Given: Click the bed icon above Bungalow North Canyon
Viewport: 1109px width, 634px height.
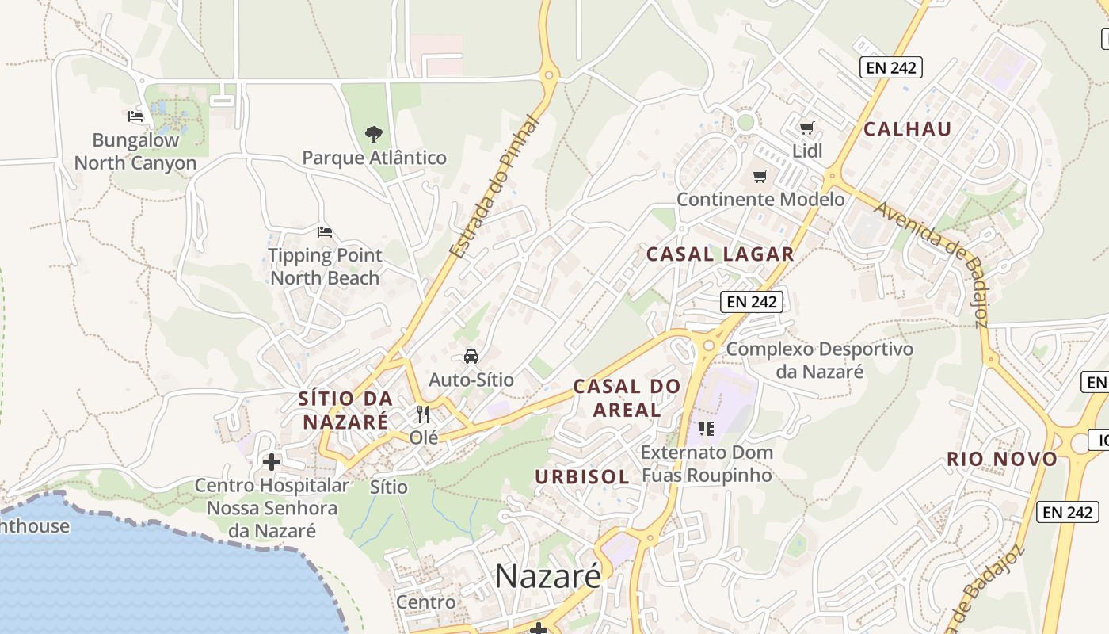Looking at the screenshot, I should (135, 116).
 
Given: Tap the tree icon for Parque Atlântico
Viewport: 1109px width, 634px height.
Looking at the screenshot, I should (374, 134).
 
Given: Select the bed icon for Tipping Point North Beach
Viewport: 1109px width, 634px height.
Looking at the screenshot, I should (324, 232).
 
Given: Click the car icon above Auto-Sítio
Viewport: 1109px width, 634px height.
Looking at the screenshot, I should (471, 357).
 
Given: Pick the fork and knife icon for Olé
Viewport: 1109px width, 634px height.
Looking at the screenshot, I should (423, 414).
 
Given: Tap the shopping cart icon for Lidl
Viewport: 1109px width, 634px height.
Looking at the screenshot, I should (806, 128).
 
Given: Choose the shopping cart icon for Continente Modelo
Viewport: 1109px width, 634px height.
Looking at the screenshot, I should (760, 176).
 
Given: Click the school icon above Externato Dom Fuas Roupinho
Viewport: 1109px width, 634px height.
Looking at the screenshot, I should (707, 429).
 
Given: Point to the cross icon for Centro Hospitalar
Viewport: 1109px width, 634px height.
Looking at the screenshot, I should (272, 461).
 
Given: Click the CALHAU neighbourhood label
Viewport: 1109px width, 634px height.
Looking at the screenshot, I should (907, 129).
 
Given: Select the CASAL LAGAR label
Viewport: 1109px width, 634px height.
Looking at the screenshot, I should (720, 254).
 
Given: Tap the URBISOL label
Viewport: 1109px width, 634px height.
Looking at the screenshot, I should (582, 477).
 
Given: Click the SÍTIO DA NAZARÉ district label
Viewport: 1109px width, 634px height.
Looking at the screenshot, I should (345, 410).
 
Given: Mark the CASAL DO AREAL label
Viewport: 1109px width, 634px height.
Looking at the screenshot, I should (627, 398).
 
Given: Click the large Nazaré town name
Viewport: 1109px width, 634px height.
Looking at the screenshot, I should (548, 576).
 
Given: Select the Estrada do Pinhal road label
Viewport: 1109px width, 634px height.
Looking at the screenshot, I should (494, 188).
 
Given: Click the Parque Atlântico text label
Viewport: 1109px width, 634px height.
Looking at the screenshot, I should (374, 158).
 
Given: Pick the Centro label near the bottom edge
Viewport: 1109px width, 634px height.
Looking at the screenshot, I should (426, 602).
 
